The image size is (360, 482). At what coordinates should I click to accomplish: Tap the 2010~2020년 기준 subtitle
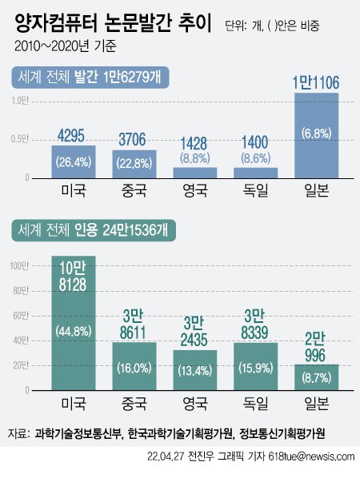tap(65, 46)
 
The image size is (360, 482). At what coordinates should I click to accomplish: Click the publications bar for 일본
tap(317, 135)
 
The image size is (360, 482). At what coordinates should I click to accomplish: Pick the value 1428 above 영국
tap(194, 144)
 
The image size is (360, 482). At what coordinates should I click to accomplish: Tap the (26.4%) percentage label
tap(74, 162)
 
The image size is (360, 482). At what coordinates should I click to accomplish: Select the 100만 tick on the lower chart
tap(19, 266)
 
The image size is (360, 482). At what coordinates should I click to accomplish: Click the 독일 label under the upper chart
tap(255, 190)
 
